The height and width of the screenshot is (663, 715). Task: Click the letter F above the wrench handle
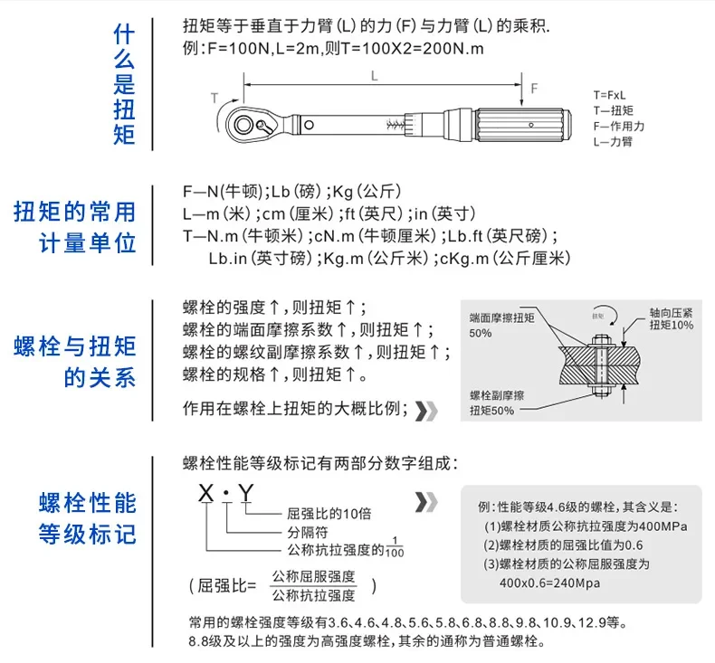click(x=534, y=88)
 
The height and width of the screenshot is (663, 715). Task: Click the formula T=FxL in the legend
click(x=611, y=95)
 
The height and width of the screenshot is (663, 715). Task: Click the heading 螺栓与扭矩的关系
click(x=74, y=360)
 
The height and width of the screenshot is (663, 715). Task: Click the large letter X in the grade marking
click(x=207, y=497)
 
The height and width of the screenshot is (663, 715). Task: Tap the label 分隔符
click(x=304, y=532)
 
